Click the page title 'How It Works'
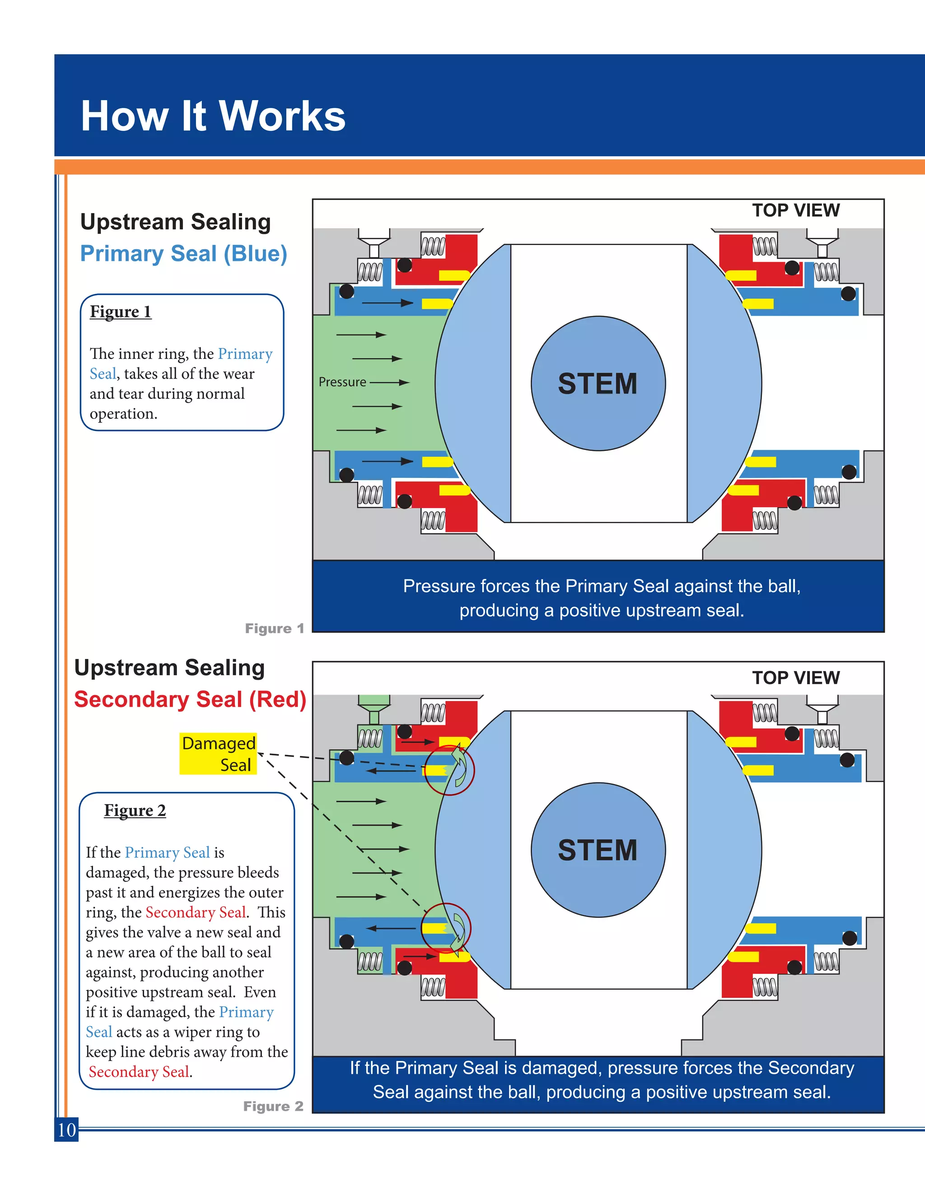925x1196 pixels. click(x=213, y=116)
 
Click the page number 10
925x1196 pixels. click(x=66, y=1130)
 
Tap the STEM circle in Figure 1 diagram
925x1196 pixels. click(x=598, y=383)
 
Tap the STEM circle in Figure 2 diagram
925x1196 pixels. click(x=598, y=850)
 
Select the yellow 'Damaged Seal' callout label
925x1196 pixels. click(x=218, y=754)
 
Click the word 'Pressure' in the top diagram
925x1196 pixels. click(x=342, y=382)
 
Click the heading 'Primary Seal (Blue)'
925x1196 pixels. click(x=183, y=254)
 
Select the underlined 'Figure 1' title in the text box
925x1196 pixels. click(x=120, y=311)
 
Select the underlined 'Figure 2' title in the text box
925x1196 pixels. click(x=135, y=811)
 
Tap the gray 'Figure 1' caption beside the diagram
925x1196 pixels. click(x=274, y=628)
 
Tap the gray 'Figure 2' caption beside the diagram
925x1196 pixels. click(x=273, y=1106)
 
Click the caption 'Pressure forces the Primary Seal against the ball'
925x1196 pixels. click(x=601, y=586)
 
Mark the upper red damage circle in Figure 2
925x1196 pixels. click(x=449, y=770)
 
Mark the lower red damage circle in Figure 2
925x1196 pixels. click(x=446, y=927)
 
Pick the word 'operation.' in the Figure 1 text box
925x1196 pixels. click(x=123, y=413)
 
